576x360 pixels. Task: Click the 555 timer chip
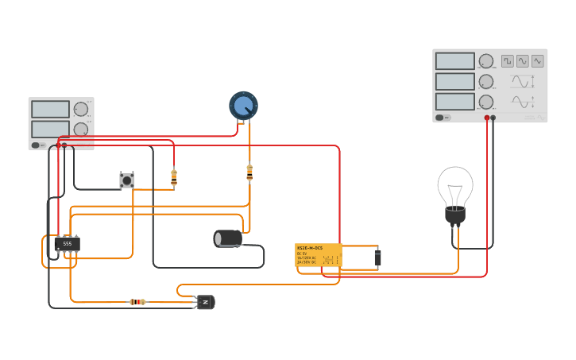pos(67,244)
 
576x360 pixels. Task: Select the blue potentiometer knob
pos(243,106)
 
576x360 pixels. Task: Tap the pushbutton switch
pos(126,180)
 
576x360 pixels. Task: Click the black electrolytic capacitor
pos(228,238)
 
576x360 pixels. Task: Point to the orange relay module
pos(318,256)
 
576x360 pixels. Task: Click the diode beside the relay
pos(377,257)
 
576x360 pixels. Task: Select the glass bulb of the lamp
pos(454,186)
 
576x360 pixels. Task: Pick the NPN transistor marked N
pos(206,302)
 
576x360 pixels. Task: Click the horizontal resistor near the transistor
pos(137,302)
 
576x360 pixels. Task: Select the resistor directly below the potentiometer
pos(249,172)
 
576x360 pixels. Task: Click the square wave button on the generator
pos(508,61)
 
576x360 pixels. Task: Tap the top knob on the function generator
pos(486,61)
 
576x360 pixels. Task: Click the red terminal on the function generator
pos(487,118)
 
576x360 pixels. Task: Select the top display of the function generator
pos(454,61)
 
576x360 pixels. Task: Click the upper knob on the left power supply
pos(81,110)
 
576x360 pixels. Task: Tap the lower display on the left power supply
pos(50,129)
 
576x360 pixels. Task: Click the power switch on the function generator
pos(439,118)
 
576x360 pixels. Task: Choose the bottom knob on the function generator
pos(486,102)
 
